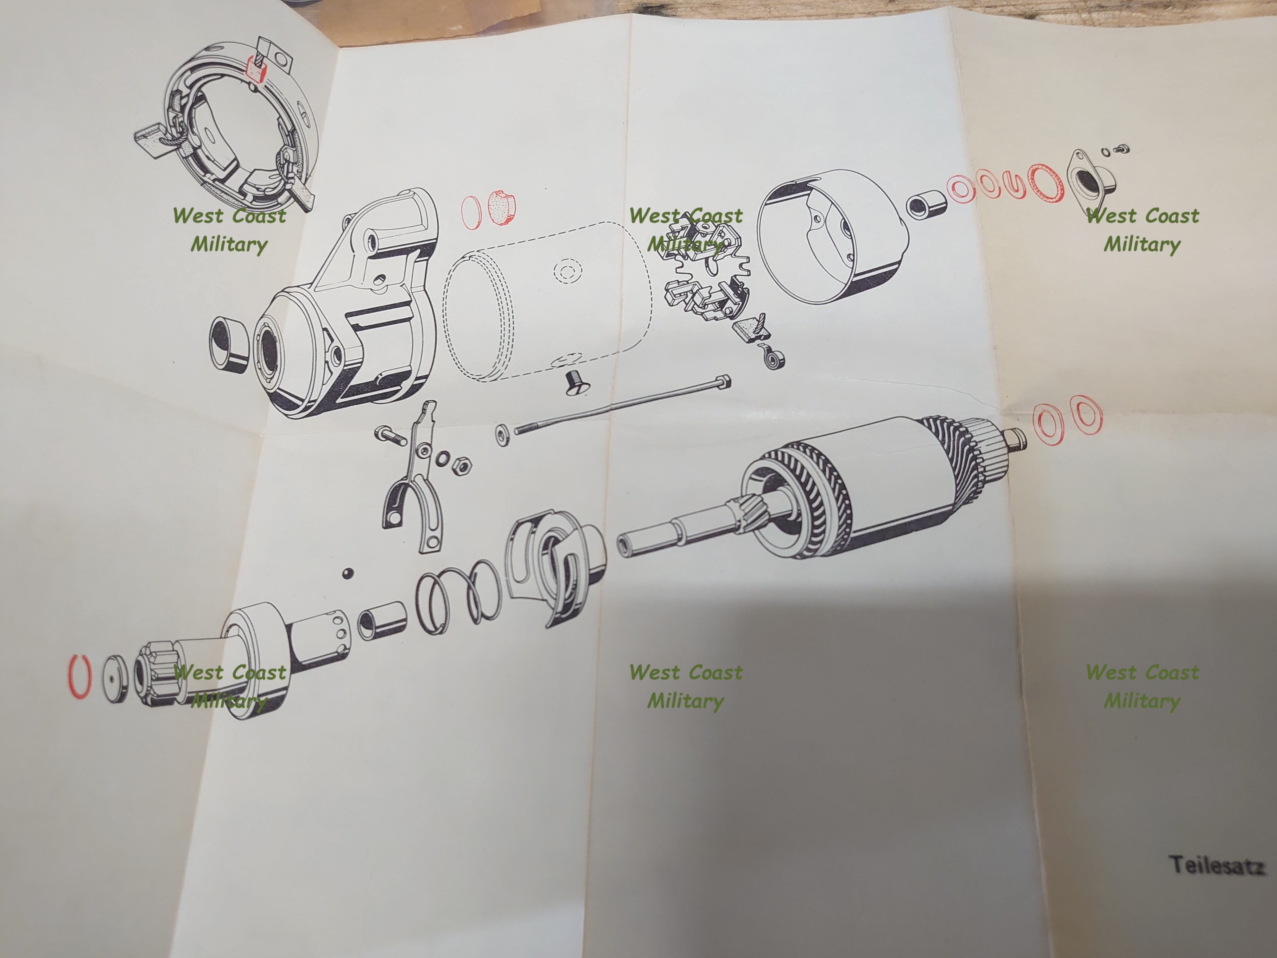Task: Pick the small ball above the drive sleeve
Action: (x=347, y=573)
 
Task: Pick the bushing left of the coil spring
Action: (x=381, y=620)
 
